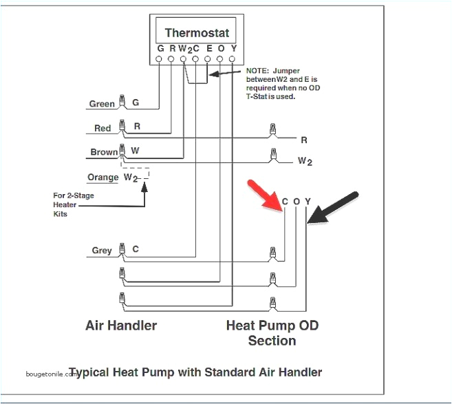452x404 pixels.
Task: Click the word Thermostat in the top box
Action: click(197, 33)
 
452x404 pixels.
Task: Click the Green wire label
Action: click(102, 105)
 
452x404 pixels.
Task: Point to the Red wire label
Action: click(103, 129)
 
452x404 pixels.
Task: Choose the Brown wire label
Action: click(103, 153)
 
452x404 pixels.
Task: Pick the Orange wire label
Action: click(103, 178)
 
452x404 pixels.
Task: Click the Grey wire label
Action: click(102, 251)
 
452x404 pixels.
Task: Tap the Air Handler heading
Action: click(120, 325)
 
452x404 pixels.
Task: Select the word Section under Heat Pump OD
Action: click(272, 341)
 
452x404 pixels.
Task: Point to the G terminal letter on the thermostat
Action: click(160, 49)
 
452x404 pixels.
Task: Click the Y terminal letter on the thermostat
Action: click(233, 49)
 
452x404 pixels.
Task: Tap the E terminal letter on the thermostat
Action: click(208, 49)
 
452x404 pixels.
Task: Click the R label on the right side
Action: click(303, 140)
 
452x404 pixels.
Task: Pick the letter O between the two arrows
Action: click(297, 201)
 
